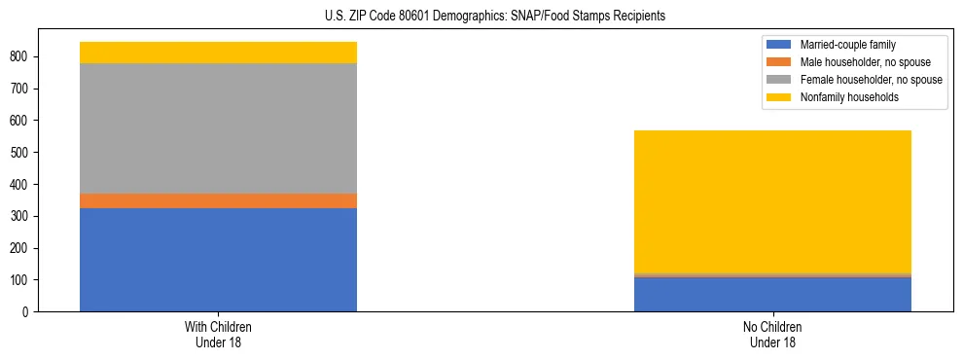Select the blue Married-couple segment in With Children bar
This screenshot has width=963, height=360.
coord(218,260)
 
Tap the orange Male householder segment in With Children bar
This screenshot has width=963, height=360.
coord(218,200)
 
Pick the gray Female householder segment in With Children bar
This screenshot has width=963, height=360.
coord(218,128)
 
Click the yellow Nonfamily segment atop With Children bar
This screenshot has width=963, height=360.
coord(218,53)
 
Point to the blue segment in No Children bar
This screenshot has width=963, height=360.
coord(772,295)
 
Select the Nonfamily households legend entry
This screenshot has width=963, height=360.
coord(849,97)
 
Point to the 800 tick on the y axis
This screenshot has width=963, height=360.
coord(35,56)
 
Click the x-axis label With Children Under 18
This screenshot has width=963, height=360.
coord(218,334)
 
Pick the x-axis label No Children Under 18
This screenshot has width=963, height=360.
coord(772,334)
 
